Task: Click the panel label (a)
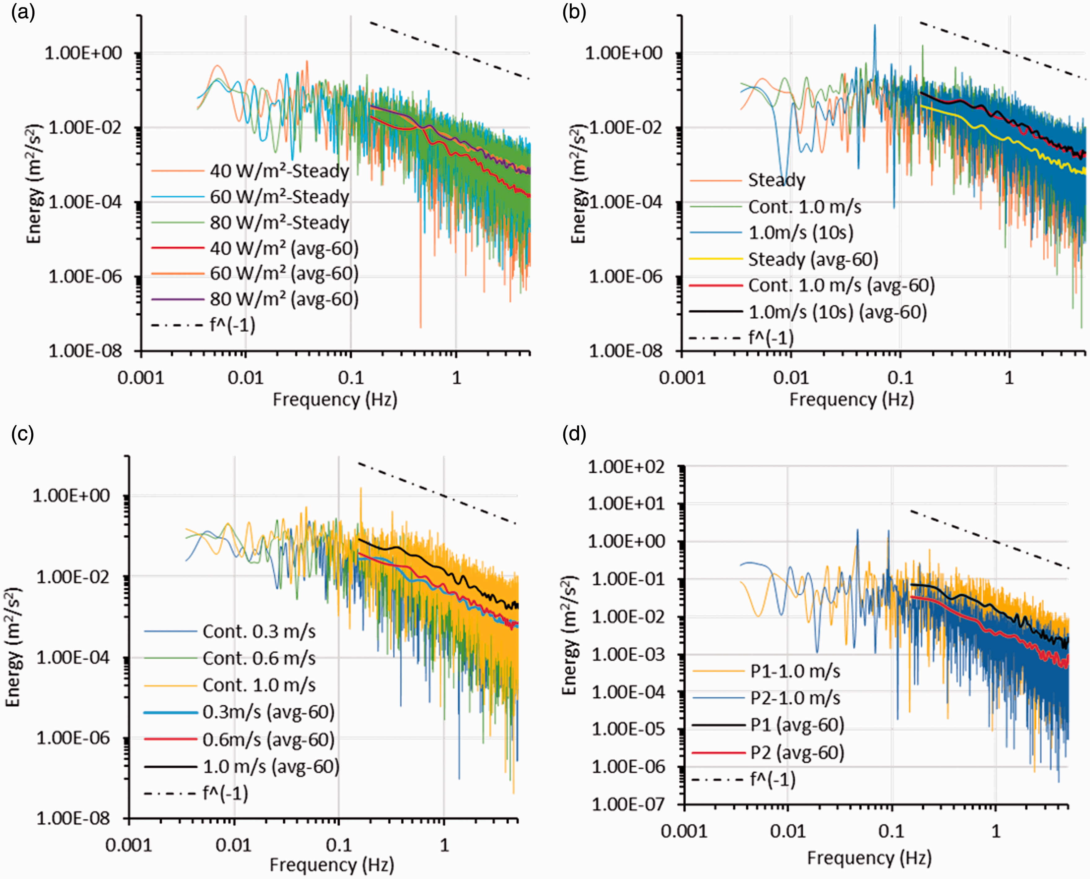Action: pyautogui.click(x=23, y=12)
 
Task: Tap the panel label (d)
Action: pyautogui.click(x=574, y=434)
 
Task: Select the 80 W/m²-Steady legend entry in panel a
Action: pyautogui.click(x=251, y=223)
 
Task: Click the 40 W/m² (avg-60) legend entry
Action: pyautogui.click(x=255, y=248)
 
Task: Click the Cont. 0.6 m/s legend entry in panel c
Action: pyautogui.click(x=230, y=658)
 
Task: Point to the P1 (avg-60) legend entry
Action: pyautogui.click(x=768, y=725)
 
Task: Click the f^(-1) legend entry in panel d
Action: pyautogui.click(x=744, y=780)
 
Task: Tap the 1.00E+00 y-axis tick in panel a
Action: pyautogui.click(x=84, y=53)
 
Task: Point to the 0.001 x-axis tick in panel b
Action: pyautogui.click(x=682, y=378)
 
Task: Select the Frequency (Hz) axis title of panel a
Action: pyautogui.click(x=335, y=399)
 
